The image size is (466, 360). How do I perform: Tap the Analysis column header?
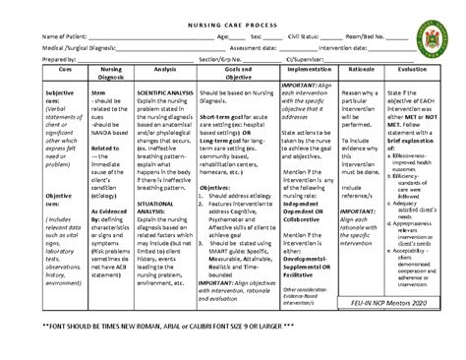click(x=164, y=85)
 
